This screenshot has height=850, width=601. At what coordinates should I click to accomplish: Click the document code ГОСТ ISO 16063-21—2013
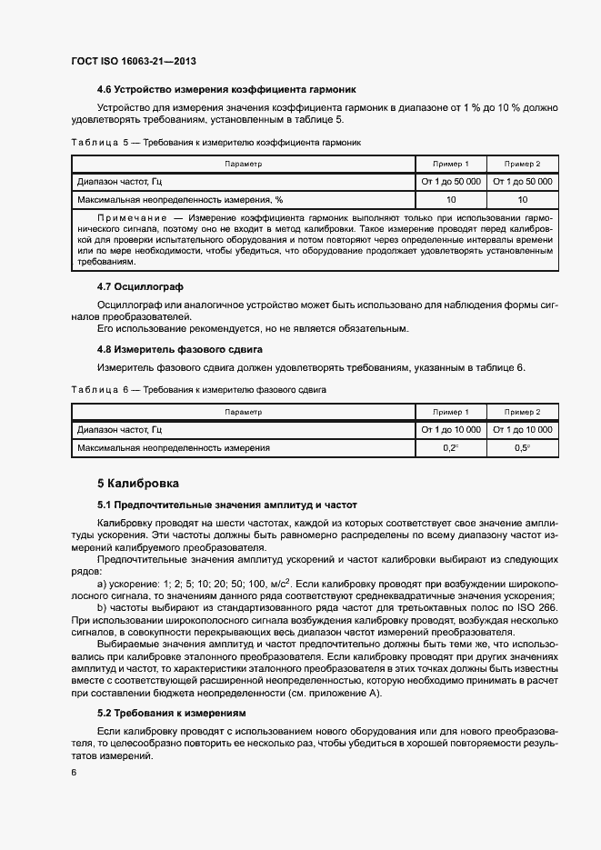click(134, 61)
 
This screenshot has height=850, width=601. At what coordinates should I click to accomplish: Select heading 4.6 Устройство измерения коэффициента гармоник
click(226, 89)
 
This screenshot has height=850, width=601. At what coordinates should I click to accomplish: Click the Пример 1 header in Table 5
click(451, 164)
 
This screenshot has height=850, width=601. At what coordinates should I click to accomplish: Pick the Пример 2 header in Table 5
click(523, 164)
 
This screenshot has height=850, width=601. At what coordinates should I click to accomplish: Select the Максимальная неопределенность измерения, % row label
click(180, 198)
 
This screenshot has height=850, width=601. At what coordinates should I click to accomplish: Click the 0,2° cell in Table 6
click(451, 448)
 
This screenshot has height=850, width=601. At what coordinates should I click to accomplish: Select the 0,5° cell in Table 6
click(523, 448)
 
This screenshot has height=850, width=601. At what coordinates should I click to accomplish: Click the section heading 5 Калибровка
click(138, 483)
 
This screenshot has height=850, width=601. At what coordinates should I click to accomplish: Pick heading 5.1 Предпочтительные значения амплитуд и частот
click(227, 505)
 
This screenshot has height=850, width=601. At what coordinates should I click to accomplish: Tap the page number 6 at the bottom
click(75, 772)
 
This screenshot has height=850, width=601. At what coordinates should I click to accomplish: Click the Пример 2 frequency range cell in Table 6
click(523, 429)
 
